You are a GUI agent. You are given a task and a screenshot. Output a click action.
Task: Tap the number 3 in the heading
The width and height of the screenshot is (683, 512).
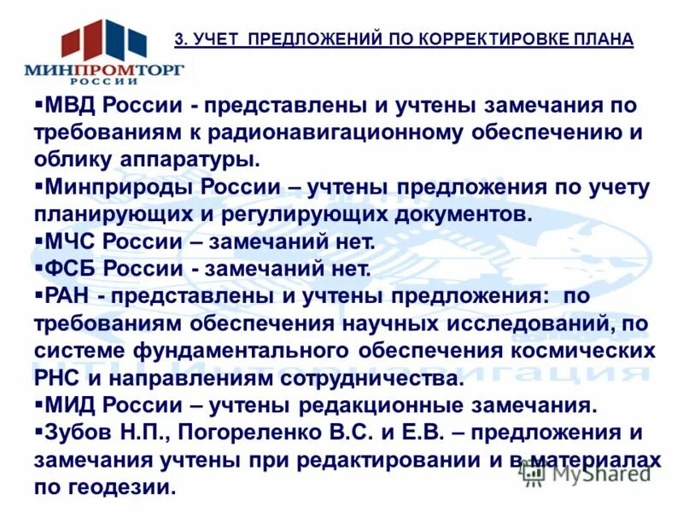tap(178, 39)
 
